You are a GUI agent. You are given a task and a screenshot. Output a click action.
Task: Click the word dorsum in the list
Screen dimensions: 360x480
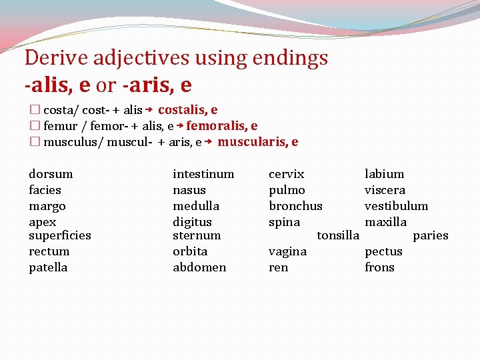pos(51,174)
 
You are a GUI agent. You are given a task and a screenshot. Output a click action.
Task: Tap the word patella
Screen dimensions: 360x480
pos(48,267)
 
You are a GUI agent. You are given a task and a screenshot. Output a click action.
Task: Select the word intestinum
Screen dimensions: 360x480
pos(203,174)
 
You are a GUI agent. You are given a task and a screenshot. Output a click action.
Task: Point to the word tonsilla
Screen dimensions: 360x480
pos(338,235)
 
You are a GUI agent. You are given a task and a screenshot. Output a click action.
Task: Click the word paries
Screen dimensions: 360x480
pos(431,235)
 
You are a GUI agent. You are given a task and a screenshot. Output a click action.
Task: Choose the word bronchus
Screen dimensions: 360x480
pos(295,206)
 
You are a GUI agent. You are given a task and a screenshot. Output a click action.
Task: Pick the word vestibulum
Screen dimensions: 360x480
pos(396,206)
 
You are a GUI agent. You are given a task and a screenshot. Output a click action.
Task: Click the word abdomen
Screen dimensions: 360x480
pos(199,267)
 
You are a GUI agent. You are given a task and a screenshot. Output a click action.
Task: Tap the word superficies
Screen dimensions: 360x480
pos(60,235)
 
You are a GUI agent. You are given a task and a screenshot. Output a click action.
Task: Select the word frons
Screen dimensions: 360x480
pos(379,267)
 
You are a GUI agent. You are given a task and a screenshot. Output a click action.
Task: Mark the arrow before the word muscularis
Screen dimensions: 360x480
pos(209,142)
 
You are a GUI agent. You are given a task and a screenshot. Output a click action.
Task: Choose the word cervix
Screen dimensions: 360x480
pos(286,174)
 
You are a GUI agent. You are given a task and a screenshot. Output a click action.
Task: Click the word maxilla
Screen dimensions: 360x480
pos(385,222)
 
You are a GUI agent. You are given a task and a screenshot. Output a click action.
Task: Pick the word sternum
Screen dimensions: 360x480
pos(197,235)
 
